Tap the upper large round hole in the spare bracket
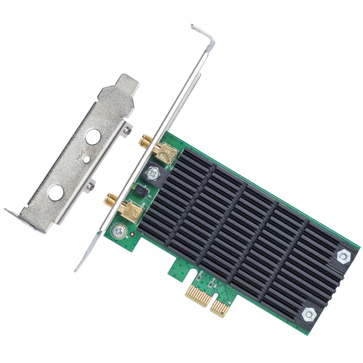tap(93, 137)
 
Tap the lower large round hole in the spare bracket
tap(56, 192)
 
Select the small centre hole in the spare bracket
tap(87, 159)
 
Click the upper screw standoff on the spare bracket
tap(127, 128)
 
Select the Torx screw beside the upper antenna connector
tap(152, 174)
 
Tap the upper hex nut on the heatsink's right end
tap(343, 257)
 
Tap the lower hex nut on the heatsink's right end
tap(309, 313)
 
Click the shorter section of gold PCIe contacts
tap(219, 309)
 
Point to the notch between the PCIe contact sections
tap(211, 302)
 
